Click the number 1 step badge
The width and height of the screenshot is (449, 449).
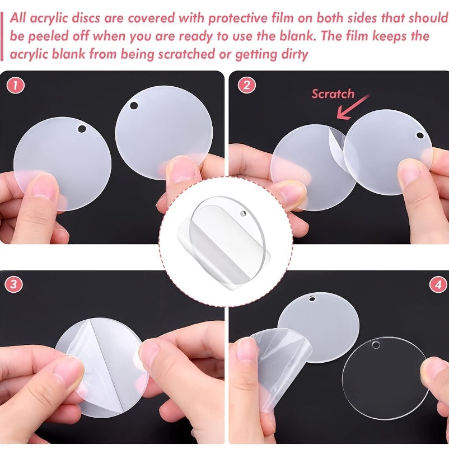[x=16, y=85]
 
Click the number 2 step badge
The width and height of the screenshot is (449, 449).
[x=246, y=85]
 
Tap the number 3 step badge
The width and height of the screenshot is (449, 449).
[x=13, y=284]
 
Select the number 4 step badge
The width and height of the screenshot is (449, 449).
[x=438, y=285]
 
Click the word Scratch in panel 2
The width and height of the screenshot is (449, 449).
[x=333, y=94]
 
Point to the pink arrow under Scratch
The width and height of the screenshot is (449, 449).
[x=353, y=107]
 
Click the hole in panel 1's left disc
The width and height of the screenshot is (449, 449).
[x=82, y=129]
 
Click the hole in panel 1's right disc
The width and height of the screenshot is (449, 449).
[x=134, y=105]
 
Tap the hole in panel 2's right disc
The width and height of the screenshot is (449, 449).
[x=420, y=135]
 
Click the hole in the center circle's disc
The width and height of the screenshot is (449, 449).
[x=243, y=213]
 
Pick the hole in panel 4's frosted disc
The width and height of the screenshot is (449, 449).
[x=312, y=299]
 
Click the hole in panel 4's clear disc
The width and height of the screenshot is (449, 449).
[x=376, y=345]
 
